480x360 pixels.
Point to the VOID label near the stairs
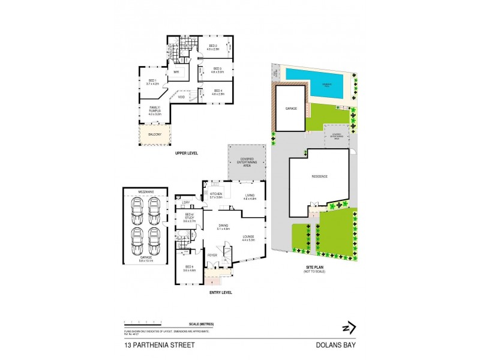click(181, 97)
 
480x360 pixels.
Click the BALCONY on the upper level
click(155, 134)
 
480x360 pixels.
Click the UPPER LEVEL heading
click(186, 154)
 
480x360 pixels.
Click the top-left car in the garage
click(137, 207)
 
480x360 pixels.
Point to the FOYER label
click(212, 255)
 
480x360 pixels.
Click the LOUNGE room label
click(248, 238)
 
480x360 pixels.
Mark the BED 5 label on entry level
click(188, 267)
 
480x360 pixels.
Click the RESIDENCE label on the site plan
click(319, 177)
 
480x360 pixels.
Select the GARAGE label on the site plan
click(290, 109)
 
